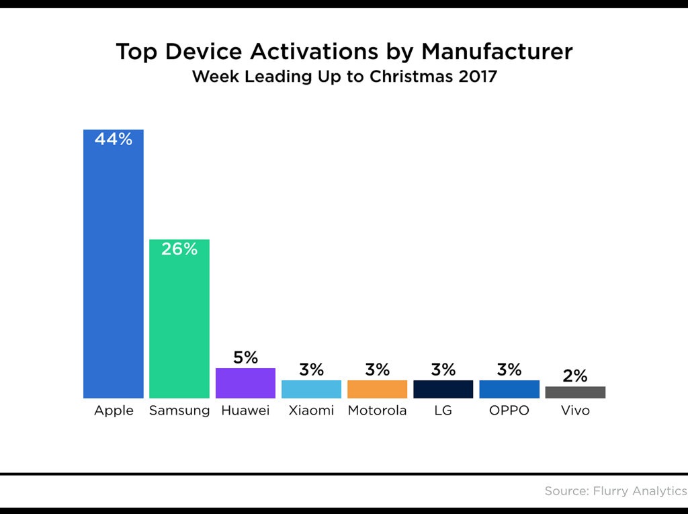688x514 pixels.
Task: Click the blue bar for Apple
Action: (x=113, y=269)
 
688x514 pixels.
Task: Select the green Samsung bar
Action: (x=179, y=323)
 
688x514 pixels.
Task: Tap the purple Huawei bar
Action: (x=245, y=383)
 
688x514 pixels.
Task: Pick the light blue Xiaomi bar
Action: (x=311, y=389)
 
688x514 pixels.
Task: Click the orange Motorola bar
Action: (x=377, y=389)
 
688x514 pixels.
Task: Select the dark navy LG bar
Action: (x=443, y=389)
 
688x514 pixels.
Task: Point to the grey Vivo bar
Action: (x=575, y=392)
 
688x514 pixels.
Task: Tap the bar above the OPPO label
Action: (x=509, y=389)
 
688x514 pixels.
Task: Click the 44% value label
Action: (x=113, y=140)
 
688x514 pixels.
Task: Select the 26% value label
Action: (x=179, y=249)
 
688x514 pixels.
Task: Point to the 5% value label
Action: (x=245, y=357)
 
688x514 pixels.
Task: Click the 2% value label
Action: (x=575, y=376)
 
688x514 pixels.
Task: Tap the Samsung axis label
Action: (x=179, y=411)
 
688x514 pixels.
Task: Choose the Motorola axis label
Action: (x=377, y=411)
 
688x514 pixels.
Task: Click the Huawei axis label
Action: (x=245, y=411)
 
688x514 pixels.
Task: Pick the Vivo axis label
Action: (x=575, y=411)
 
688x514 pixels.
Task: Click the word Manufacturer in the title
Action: (x=497, y=52)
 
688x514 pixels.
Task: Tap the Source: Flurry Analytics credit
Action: (x=615, y=491)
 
